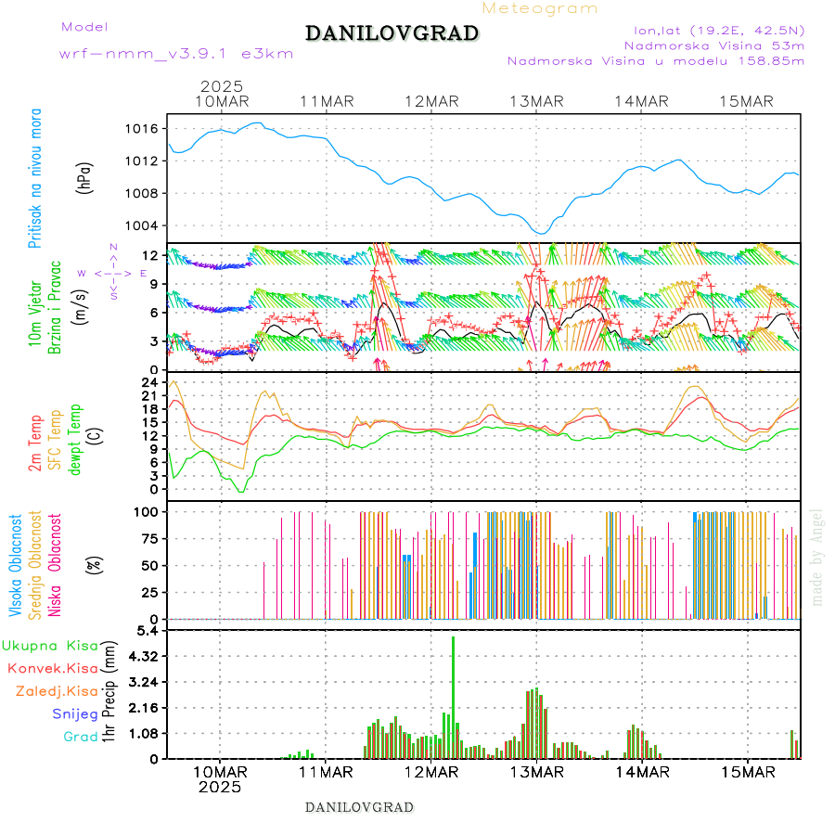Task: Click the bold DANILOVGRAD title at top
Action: coord(392,33)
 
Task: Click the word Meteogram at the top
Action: coord(540,8)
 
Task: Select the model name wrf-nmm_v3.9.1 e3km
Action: coord(176,54)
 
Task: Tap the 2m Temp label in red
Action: coord(35,443)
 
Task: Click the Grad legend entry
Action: coord(80,737)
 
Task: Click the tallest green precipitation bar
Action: coord(453,696)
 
